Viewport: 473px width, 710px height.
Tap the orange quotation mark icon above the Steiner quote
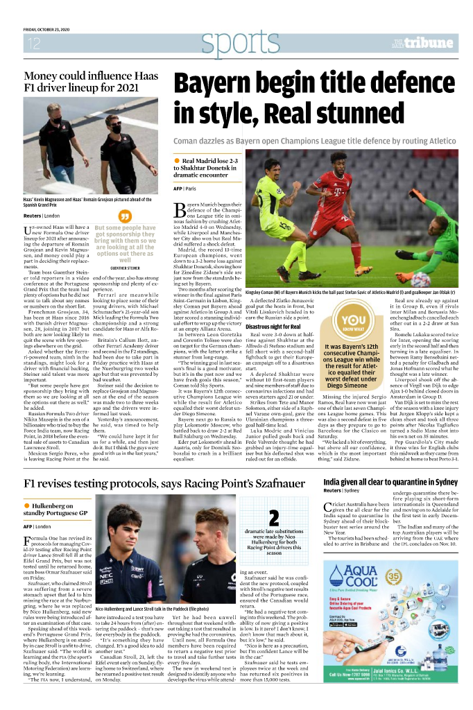point(126,216)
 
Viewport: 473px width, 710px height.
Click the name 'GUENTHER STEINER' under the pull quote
point(126,267)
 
